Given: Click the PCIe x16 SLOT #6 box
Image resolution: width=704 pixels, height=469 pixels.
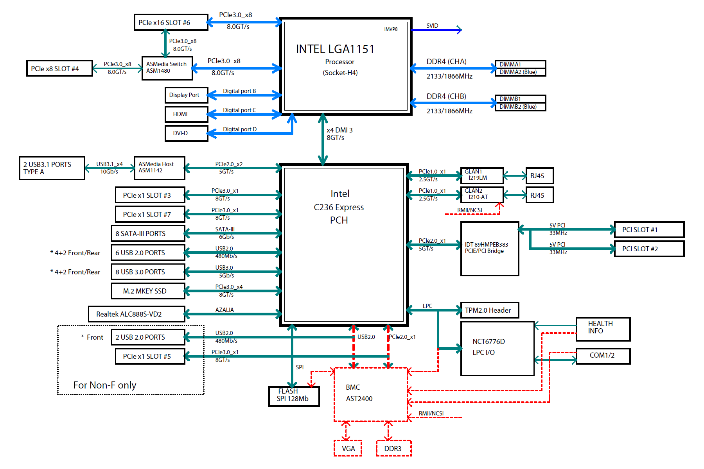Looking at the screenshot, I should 171,22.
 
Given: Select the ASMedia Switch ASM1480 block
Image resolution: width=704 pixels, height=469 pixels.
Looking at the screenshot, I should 167,68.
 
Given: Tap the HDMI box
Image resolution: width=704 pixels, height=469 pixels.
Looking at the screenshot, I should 186,114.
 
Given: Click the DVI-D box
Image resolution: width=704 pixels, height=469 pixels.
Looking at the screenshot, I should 186,133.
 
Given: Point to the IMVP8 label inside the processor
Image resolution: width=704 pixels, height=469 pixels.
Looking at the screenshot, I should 390,29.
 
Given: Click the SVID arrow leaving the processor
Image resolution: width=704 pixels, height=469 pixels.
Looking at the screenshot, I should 436,30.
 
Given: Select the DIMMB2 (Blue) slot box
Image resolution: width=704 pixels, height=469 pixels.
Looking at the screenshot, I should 520,107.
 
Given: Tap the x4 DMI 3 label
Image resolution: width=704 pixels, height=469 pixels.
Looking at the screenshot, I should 339,130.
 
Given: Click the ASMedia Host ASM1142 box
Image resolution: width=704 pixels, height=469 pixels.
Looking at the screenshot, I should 159,168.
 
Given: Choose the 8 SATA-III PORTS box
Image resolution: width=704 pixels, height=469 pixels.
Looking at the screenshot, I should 148,233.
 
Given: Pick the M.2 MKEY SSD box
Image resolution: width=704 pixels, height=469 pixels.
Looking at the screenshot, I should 148,291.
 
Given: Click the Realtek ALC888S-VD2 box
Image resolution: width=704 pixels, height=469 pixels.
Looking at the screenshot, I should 136,314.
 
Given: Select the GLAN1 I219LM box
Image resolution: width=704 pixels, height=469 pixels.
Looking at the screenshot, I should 482,175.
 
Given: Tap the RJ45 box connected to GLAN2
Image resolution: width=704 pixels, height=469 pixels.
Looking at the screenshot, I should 539,195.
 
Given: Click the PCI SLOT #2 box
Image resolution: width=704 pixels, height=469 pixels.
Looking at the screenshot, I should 649,249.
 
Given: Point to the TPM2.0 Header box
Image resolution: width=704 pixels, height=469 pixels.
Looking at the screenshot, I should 489,310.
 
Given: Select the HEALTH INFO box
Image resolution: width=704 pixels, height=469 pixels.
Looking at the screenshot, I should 603,329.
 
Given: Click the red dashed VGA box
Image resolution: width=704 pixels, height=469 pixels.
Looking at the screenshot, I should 348,448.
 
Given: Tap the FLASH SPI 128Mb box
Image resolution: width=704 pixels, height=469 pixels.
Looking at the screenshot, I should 294,396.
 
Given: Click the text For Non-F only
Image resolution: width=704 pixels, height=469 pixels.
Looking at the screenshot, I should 105,385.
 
